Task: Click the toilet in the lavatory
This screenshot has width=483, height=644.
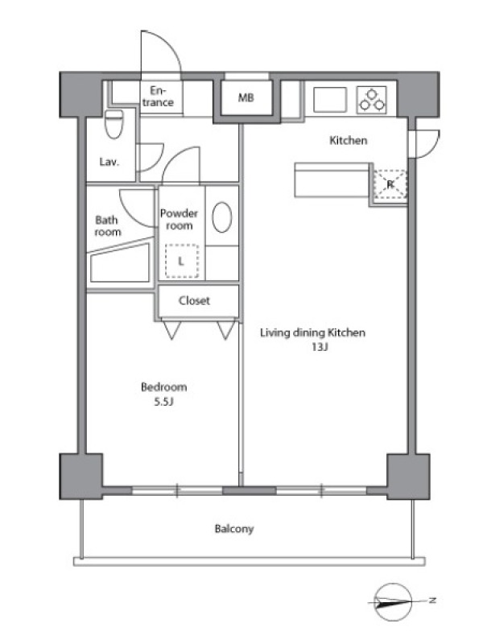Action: pos(114,124)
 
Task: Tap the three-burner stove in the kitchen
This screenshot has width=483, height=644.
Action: pos(372,99)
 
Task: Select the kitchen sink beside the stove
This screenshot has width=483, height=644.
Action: pos(330,99)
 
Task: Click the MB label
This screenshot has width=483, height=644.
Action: pos(246,97)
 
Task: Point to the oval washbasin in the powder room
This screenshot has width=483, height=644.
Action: pos(222,217)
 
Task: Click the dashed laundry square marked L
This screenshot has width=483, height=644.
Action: pos(182,261)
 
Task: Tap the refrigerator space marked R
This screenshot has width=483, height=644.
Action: pos(390,184)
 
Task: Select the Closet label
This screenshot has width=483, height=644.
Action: pos(194,300)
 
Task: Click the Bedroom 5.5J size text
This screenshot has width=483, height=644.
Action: pos(164,401)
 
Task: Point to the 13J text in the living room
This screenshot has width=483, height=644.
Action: pos(320,347)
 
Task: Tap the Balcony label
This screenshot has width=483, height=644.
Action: pos(234,529)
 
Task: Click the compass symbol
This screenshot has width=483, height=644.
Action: pos(393,601)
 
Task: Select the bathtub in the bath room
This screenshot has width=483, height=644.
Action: pos(120,262)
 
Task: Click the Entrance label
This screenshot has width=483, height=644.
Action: pos(158,96)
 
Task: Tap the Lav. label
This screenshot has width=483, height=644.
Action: pos(109,162)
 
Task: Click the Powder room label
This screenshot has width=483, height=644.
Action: pos(179,219)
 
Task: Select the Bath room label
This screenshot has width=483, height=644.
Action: pos(108,226)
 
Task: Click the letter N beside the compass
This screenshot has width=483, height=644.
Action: pos(432,600)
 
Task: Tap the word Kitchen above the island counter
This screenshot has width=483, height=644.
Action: pos(349,140)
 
